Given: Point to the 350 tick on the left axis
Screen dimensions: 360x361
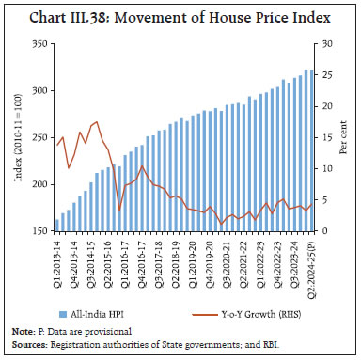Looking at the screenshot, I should click(x=39, y=44).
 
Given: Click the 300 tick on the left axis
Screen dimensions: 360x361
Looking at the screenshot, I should click(x=39, y=91).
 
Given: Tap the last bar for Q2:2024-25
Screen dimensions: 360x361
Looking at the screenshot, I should click(x=311, y=150).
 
